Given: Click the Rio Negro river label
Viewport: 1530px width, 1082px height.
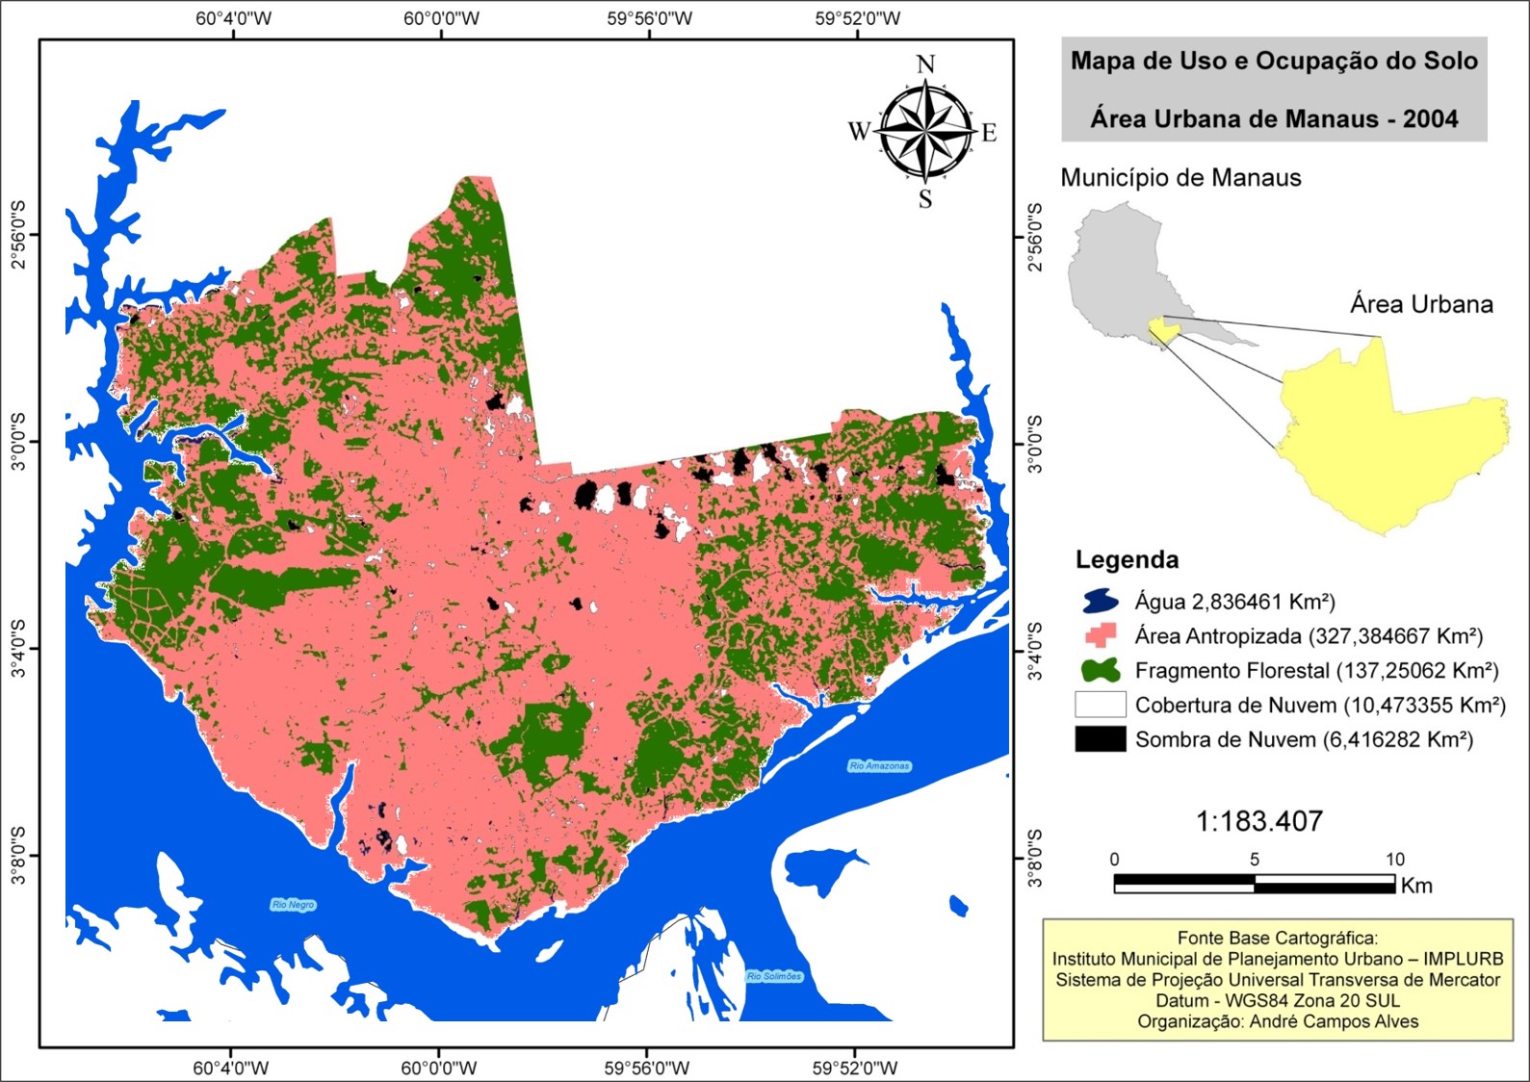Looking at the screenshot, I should pyautogui.click(x=293, y=905).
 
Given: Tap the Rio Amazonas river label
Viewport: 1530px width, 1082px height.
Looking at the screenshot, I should pyautogui.click(x=879, y=766).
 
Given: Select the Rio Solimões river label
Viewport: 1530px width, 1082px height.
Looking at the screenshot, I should pyautogui.click(x=774, y=976).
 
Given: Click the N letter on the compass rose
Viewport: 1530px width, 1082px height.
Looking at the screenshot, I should pyautogui.click(x=925, y=64).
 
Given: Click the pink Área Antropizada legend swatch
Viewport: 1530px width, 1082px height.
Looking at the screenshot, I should pyautogui.click(x=1101, y=635).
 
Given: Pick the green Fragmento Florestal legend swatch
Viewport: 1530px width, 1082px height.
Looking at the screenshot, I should pyautogui.click(x=1101, y=670).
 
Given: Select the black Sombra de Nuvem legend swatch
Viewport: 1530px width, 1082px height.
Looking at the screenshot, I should pyautogui.click(x=1101, y=739).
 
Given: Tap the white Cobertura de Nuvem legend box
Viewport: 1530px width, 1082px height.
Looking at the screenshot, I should pyautogui.click(x=1101, y=705).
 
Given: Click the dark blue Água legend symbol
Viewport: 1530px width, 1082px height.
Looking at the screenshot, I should pyautogui.click(x=1101, y=602).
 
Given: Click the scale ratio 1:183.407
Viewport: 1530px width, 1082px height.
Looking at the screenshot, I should pyautogui.click(x=1258, y=821).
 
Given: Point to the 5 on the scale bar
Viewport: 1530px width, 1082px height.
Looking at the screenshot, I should pyautogui.click(x=1254, y=860).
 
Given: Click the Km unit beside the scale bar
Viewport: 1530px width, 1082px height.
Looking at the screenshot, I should pyautogui.click(x=1416, y=886).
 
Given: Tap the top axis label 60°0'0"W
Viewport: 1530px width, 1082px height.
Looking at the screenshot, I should pyautogui.click(x=441, y=18).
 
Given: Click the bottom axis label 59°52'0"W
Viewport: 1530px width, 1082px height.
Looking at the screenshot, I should pyautogui.click(x=855, y=1068).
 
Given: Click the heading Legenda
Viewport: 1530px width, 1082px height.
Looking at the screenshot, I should pyautogui.click(x=1127, y=559).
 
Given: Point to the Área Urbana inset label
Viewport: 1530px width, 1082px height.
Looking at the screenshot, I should pyautogui.click(x=1421, y=304).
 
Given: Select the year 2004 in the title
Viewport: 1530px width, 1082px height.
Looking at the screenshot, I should pyautogui.click(x=1430, y=119).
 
